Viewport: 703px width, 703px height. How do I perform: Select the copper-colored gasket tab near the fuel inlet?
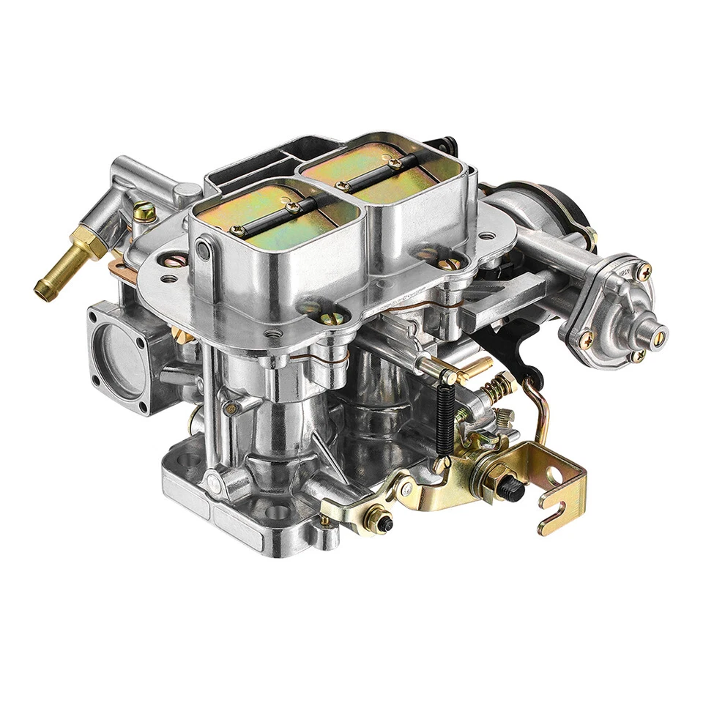point(115,261)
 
